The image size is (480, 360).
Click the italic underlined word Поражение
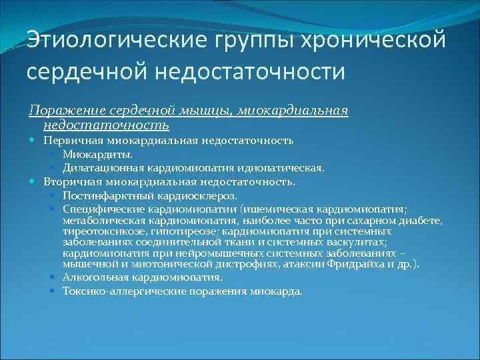click(x=67, y=110)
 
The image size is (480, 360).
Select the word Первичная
click(x=73, y=141)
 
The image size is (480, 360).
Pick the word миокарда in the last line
click(x=277, y=291)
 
